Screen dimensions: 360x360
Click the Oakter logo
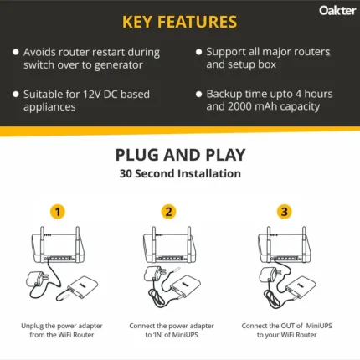pos(337,11)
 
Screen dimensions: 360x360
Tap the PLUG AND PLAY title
pos(179,155)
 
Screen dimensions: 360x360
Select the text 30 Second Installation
pos(179,174)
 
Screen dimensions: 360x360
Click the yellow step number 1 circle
pos(58,212)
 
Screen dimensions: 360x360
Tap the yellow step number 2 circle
pos(169,212)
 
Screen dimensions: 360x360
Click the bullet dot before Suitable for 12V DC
pos(15,94)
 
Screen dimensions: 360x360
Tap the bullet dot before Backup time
pos(198,94)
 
